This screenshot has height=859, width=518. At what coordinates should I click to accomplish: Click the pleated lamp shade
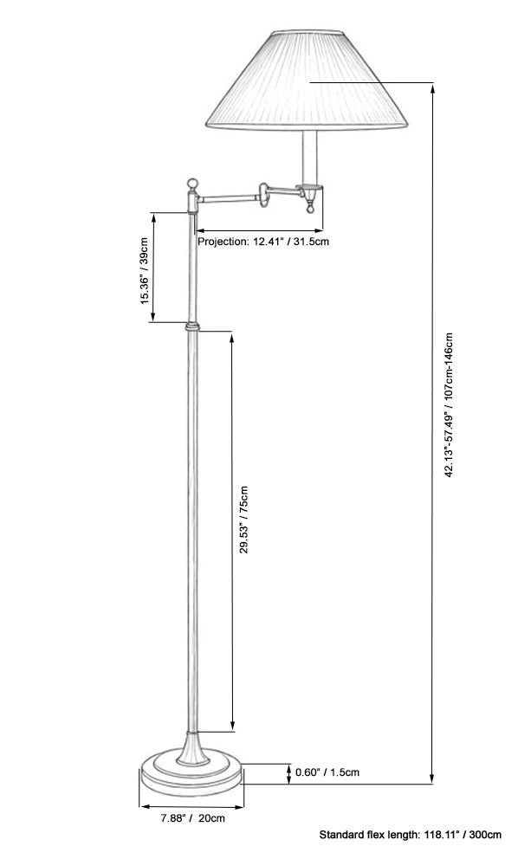[307, 80]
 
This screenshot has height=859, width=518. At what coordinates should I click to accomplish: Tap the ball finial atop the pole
[192, 184]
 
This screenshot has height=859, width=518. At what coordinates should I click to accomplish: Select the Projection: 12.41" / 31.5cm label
[263, 241]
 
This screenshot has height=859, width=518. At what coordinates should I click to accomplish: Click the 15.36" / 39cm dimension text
[145, 271]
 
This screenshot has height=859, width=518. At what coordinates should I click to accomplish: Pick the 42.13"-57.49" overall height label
[449, 405]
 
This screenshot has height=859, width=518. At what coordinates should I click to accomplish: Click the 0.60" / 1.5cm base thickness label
[327, 772]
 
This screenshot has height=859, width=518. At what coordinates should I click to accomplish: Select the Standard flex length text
[411, 835]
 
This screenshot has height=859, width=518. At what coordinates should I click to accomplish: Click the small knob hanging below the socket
[310, 209]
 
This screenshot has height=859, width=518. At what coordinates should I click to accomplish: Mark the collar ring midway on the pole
[191, 326]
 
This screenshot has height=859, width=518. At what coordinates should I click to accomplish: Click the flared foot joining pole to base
[192, 748]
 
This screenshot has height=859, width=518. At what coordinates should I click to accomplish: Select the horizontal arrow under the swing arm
[259, 230]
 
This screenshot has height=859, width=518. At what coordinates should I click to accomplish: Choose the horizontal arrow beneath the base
[191, 806]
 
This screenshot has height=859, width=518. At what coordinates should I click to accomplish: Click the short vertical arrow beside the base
[289, 773]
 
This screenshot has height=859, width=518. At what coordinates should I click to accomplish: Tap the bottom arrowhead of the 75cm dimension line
[232, 725]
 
